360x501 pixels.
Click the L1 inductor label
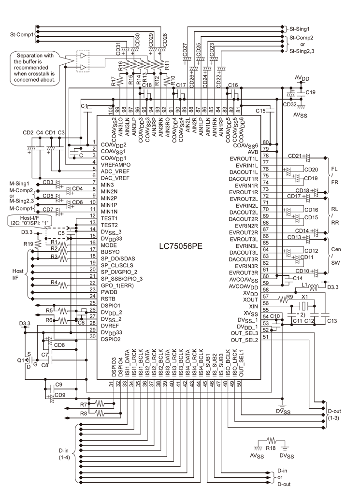[x=304, y=286]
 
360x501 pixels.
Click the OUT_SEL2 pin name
[x=244, y=340]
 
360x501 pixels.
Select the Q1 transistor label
[x=21, y=360]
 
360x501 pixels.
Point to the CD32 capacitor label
[x=289, y=103]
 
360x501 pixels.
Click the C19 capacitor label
[x=310, y=92]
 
